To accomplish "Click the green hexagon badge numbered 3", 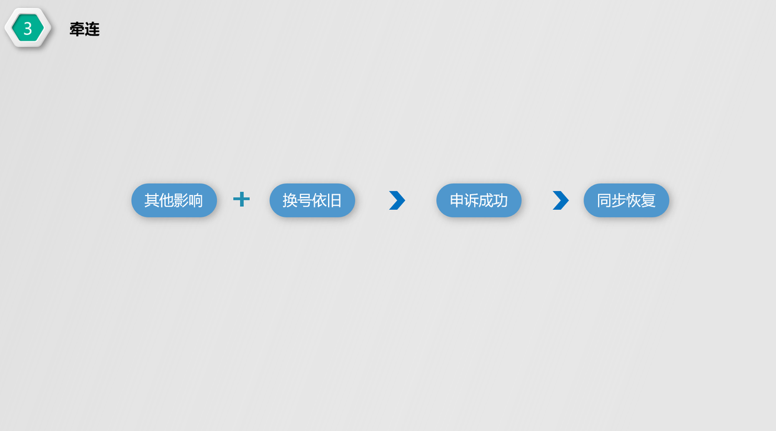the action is click(27, 28).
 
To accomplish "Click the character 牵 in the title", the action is click(77, 29).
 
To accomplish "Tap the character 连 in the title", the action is click(92, 29).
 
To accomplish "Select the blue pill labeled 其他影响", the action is click(174, 201).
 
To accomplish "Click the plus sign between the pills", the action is click(241, 199).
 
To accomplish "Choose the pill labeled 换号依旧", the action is click(312, 201).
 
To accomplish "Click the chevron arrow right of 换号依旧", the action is click(397, 201).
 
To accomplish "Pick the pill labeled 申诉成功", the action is click(479, 201).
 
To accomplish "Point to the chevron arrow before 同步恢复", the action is click(560, 201).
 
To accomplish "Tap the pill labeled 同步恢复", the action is click(626, 201).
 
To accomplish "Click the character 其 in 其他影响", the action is click(152, 201).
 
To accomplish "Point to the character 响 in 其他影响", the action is click(196, 201).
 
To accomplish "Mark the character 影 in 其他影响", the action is click(181, 201).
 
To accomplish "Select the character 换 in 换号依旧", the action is click(290, 201).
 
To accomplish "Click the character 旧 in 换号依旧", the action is click(334, 201).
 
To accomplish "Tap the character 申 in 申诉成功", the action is click(457, 201).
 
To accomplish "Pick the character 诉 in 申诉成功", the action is click(471, 201).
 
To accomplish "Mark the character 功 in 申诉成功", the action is click(500, 201).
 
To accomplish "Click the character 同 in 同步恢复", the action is click(604, 201).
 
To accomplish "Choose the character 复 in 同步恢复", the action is click(649, 201).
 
